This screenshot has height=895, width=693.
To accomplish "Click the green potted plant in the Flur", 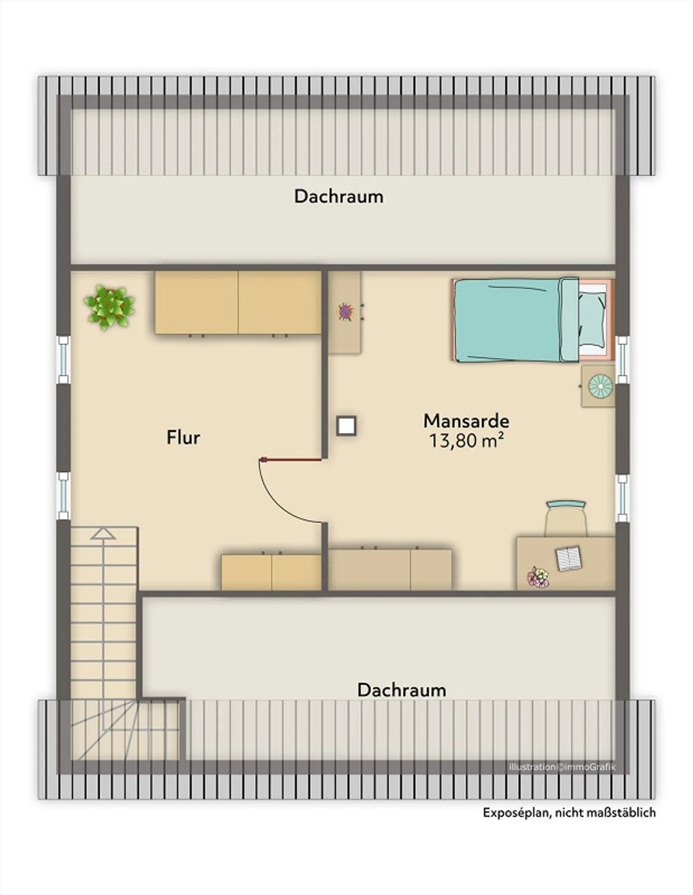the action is tap(109, 307).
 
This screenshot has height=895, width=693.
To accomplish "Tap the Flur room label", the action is tap(183, 438).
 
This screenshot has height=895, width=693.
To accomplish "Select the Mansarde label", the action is tap(466, 421).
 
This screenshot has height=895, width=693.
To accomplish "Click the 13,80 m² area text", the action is tap(466, 441).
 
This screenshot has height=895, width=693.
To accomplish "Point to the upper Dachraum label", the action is tap(339, 196).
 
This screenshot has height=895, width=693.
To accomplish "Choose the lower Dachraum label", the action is tap(401, 690).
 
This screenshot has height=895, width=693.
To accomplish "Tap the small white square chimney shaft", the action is tap(346, 426).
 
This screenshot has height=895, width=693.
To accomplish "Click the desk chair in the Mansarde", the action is tap(566, 518).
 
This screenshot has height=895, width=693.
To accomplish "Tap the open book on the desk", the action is tap(569, 558).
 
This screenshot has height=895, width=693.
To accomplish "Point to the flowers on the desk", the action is tap(538, 577).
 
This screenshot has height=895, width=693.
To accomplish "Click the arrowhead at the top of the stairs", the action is tap(103, 533).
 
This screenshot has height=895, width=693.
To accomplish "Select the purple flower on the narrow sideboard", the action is tap(345, 312).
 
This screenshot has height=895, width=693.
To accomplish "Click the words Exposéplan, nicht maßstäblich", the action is tap(569, 812).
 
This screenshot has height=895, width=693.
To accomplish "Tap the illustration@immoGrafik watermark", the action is tap(562, 767).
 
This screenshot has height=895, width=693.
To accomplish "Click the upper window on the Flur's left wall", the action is tap(64, 360).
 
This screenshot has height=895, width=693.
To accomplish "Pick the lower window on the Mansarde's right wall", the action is tap(623, 498).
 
